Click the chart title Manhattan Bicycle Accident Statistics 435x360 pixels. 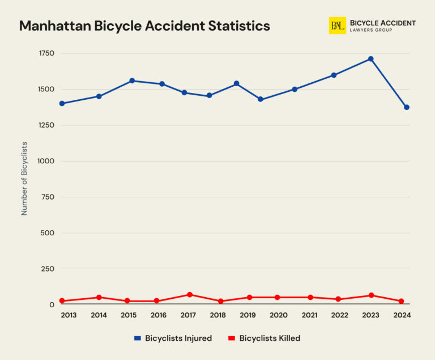144,26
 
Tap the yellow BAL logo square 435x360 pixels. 337,26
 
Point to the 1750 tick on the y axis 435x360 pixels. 46,53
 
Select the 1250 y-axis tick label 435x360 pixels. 46,125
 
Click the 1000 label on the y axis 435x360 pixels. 46,161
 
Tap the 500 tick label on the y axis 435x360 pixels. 48,233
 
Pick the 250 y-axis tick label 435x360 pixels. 48,269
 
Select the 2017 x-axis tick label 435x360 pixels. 188,315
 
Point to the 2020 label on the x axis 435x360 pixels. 278,315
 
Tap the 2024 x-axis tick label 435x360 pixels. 402,315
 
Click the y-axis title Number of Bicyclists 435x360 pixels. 24,178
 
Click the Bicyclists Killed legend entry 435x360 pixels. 264,338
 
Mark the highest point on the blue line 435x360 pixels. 370,59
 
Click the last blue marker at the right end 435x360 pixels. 406,107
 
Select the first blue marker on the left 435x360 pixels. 62,104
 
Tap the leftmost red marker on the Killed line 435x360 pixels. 62,301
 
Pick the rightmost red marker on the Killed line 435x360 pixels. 402,302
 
